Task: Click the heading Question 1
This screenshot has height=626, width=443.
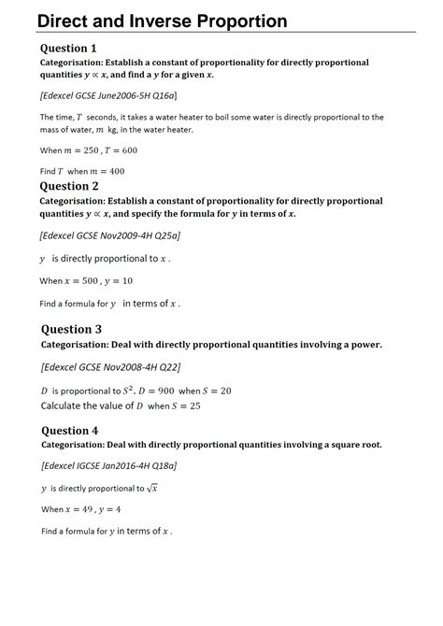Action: coord(68,48)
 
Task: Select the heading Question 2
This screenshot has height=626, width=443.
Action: coord(68,186)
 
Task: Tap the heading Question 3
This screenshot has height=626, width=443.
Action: coord(72,329)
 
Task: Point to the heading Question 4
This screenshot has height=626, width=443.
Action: coord(69,431)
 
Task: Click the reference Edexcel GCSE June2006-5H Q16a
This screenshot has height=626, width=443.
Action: coord(108,95)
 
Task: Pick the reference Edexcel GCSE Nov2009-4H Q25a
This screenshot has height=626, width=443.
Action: coord(109,235)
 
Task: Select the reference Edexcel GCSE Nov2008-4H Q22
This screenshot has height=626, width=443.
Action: coord(111,367)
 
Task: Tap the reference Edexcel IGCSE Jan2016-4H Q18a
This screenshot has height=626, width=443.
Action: coord(108,464)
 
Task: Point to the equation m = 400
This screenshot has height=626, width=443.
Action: coord(106,172)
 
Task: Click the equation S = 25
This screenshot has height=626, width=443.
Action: coord(186,406)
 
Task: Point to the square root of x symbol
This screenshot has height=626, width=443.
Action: coord(153,488)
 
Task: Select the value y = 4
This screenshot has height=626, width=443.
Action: coord(109,509)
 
